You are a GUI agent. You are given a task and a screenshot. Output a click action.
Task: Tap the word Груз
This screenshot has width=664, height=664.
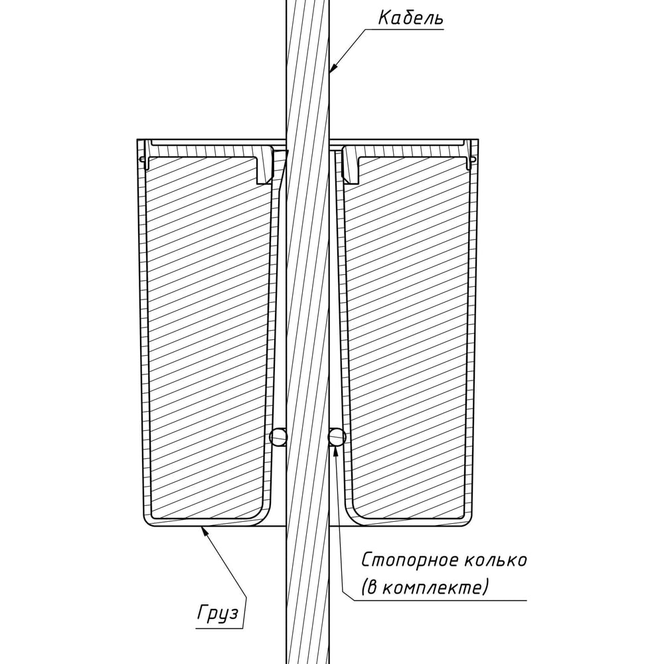pyautogui.click(x=218, y=613)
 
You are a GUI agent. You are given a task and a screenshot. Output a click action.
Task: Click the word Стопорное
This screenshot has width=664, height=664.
pyautogui.click(x=410, y=560)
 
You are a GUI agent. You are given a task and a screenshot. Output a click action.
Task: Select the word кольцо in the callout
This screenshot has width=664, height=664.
pyautogui.click(x=496, y=560)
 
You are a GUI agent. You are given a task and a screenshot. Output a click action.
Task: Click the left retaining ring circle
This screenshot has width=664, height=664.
pyautogui.click(x=278, y=437)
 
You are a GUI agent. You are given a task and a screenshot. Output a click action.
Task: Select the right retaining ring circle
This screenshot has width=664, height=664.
pyautogui.click(x=337, y=437)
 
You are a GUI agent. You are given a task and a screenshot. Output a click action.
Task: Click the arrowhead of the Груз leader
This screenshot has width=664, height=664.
pyautogui.click(x=204, y=531)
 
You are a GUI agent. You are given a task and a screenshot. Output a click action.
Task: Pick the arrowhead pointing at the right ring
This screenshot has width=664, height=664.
pyautogui.click(x=336, y=451)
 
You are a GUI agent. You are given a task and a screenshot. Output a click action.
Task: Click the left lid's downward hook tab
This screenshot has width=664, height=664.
pyautogui.click(x=265, y=165)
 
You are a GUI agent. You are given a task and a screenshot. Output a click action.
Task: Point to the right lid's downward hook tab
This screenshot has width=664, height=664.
pyautogui.click(x=351, y=165)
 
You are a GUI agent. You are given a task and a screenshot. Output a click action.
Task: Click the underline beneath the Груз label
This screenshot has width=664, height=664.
pyautogui.click(x=219, y=628)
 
